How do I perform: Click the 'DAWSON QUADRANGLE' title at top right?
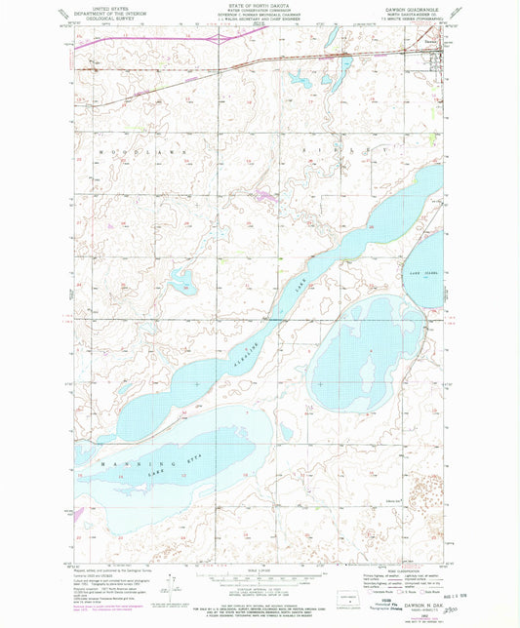point(410,13)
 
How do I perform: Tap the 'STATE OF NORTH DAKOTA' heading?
point(259,7)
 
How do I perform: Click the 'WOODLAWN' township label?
point(125,154)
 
